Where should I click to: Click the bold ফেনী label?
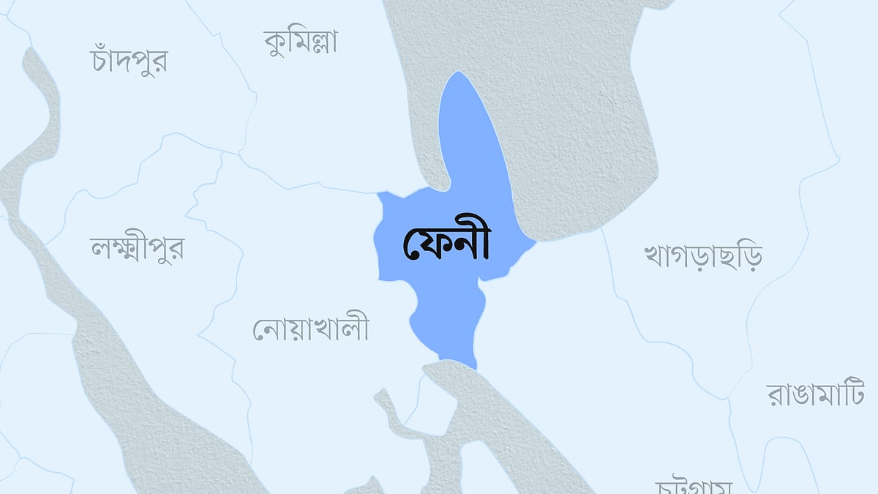446,244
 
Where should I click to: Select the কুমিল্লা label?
301,42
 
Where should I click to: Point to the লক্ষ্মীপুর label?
136,249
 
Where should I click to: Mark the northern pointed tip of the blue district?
458,72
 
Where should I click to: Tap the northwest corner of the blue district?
378,193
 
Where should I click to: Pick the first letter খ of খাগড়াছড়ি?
653,256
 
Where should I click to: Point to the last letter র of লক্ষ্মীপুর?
175,250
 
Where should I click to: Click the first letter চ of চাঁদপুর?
101,61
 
